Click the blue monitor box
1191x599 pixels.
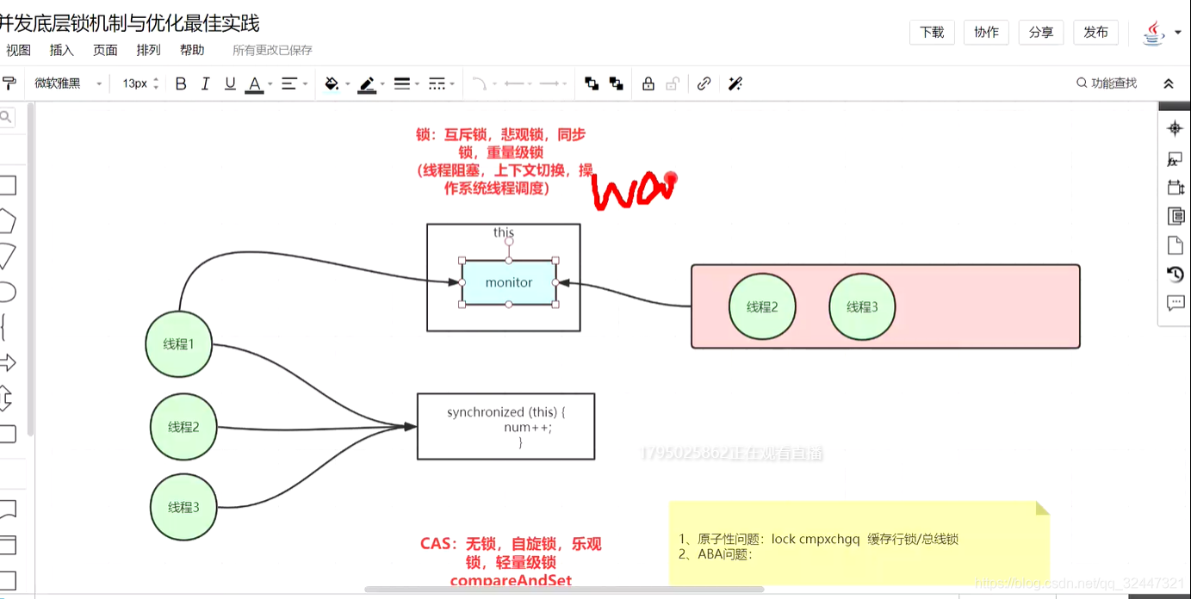click(509, 282)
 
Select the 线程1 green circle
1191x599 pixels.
click(178, 344)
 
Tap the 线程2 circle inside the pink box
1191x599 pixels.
click(762, 307)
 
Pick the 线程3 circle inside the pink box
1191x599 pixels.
click(862, 307)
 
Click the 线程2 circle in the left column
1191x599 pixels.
click(183, 427)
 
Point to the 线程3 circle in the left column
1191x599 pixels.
click(183, 508)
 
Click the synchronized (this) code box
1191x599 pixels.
click(506, 426)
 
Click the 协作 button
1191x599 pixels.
click(986, 33)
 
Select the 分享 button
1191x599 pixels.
click(1041, 33)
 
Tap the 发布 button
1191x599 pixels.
click(1095, 33)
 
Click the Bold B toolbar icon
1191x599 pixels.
click(181, 83)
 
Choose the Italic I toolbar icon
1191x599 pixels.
click(205, 83)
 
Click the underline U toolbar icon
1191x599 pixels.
click(230, 83)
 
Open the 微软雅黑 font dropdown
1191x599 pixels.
click(68, 83)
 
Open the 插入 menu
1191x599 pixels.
click(62, 50)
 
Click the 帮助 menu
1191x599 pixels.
click(192, 50)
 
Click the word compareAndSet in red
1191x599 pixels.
click(511, 581)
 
